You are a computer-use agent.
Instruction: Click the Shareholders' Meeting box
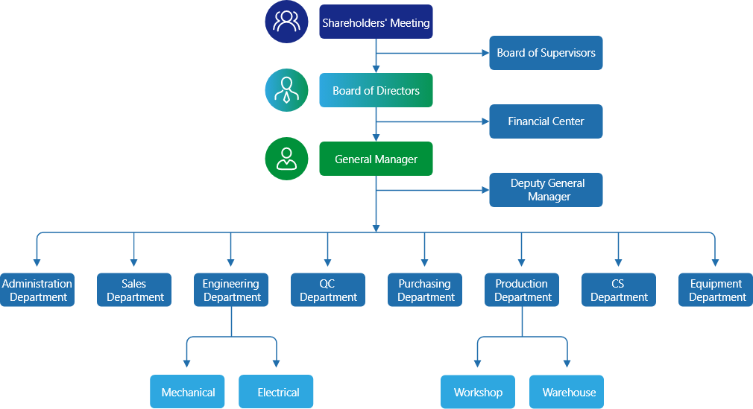[x=376, y=22]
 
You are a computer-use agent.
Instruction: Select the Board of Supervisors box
[x=546, y=53]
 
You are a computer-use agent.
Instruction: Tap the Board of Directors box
[x=376, y=91]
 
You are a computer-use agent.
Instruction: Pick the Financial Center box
[x=546, y=121]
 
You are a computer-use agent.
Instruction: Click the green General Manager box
[x=376, y=159]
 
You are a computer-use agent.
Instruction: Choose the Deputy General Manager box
[x=546, y=190]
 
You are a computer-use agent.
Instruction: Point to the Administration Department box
[x=37, y=290]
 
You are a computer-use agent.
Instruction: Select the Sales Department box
[x=134, y=290]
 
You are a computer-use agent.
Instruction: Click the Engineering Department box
[x=231, y=290]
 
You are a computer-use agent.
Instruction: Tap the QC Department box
[x=328, y=290]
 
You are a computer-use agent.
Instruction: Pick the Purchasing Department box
[x=425, y=290]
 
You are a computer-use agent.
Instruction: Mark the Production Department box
[x=522, y=290]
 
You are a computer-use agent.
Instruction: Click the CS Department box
[x=619, y=290]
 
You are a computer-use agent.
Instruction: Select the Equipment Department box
[x=716, y=290]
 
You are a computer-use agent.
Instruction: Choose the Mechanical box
[x=188, y=392]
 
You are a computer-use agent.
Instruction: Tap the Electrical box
[x=277, y=392]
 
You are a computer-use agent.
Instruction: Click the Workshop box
[x=478, y=392]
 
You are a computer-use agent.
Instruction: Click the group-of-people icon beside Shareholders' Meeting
[x=286, y=22]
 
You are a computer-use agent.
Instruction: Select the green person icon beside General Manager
[x=286, y=159]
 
